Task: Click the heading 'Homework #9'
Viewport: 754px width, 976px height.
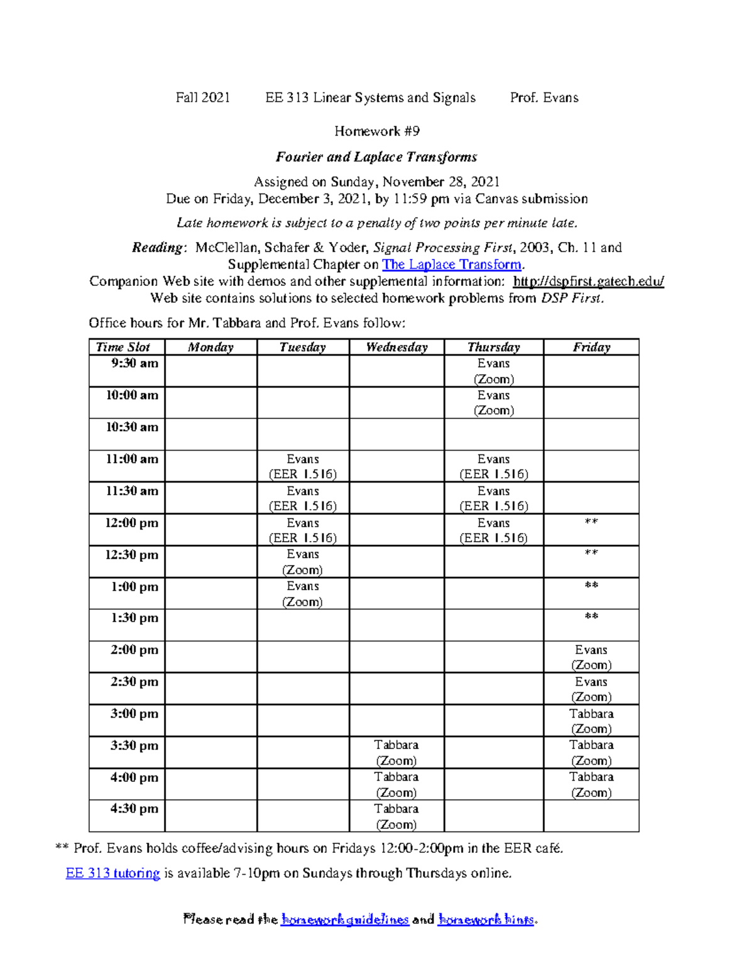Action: click(x=376, y=131)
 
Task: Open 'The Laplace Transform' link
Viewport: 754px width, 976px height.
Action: click(x=451, y=265)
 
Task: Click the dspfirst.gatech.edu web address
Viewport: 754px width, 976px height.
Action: click(x=588, y=282)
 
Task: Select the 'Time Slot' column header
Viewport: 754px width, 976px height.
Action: click(x=123, y=347)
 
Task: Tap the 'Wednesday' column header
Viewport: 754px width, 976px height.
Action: click(x=396, y=347)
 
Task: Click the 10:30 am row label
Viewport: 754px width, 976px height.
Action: click(x=132, y=427)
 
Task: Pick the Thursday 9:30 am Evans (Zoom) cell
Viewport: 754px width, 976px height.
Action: click(x=493, y=371)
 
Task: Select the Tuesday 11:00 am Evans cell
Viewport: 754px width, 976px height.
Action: click(x=302, y=466)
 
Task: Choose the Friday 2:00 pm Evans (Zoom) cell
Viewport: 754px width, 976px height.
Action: click(x=591, y=657)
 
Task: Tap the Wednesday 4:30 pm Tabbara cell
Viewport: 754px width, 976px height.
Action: click(x=396, y=816)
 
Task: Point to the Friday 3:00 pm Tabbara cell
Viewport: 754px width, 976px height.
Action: click(x=591, y=721)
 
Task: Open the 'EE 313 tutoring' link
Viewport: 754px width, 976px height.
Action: click(x=113, y=873)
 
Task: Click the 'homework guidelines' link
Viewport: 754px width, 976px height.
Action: click(x=345, y=919)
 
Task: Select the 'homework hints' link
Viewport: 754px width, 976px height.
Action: click(x=486, y=919)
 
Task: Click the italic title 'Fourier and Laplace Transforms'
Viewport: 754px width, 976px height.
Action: click(x=376, y=157)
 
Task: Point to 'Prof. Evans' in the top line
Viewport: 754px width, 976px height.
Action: click(x=544, y=97)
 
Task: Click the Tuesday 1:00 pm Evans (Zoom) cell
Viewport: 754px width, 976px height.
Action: click(x=302, y=594)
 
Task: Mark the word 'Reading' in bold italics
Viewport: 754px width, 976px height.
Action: click(x=157, y=248)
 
